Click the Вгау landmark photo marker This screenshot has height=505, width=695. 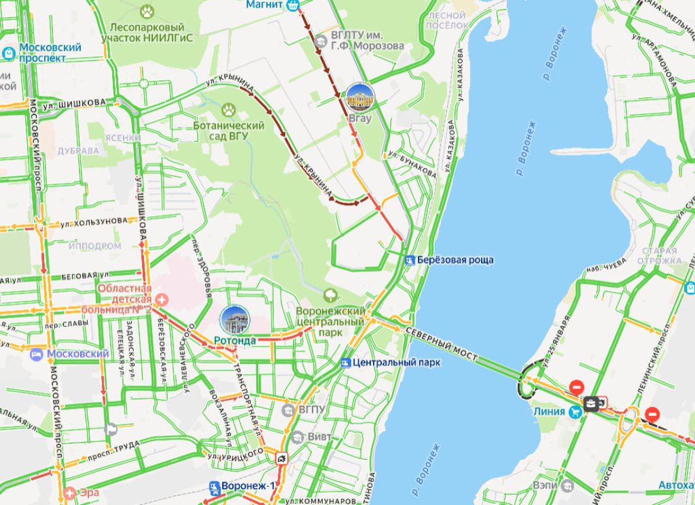point(360,97)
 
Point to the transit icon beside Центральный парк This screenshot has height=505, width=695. point(345,363)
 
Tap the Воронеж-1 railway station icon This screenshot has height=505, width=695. point(214,487)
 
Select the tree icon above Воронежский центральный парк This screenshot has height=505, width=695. point(329,295)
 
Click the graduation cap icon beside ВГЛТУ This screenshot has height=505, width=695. point(322,42)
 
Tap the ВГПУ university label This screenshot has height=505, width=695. point(311,410)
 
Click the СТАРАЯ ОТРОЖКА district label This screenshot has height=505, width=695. point(656,256)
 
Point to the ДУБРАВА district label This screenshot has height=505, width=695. point(78,151)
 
